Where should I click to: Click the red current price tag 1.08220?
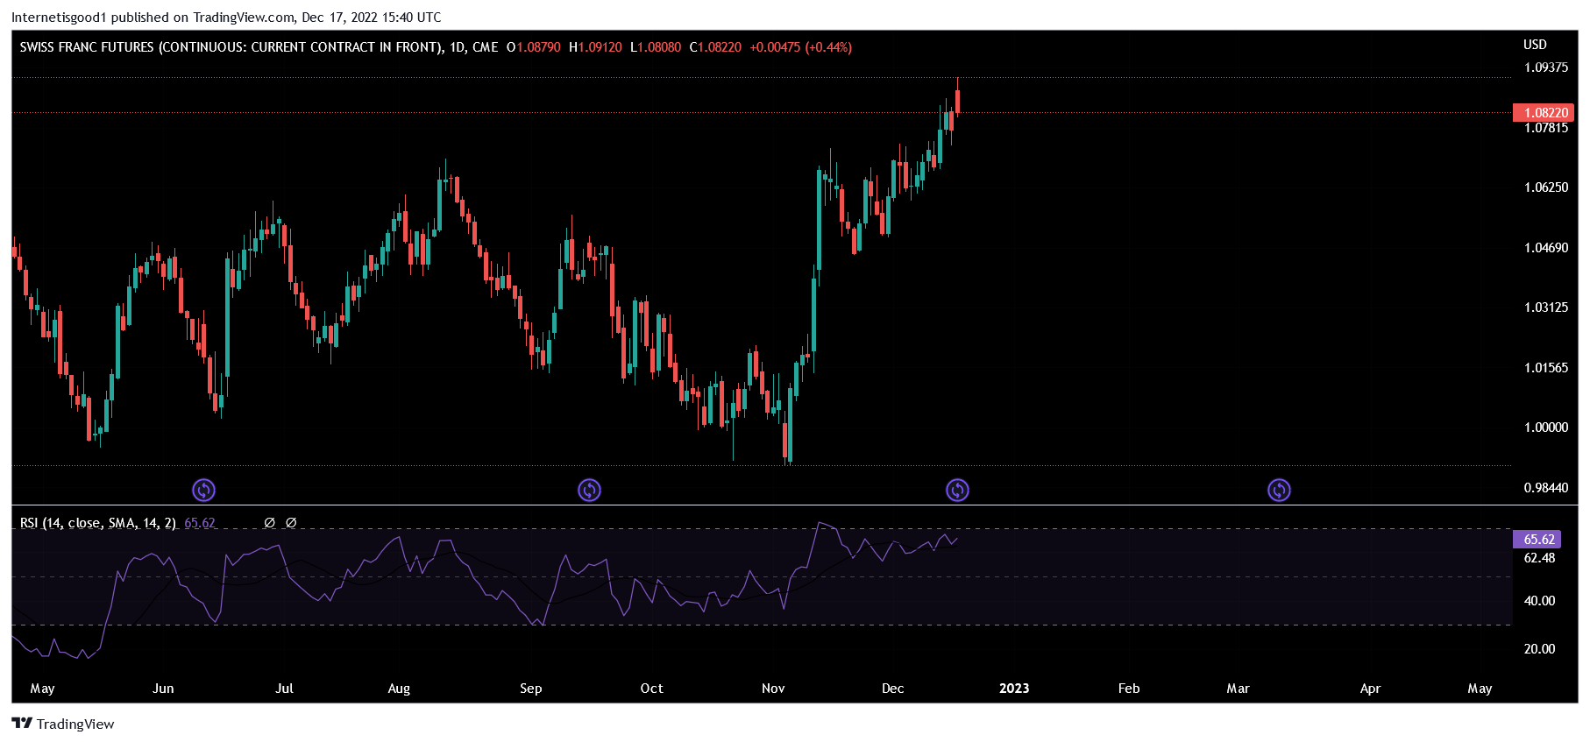click(x=1545, y=112)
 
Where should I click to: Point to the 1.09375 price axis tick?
click(x=1545, y=67)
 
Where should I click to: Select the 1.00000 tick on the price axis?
click(x=1545, y=428)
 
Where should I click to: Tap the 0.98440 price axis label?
click(x=1545, y=488)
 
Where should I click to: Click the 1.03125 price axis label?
click(x=1545, y=307)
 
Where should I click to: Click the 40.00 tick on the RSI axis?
click(x=1539, y=601)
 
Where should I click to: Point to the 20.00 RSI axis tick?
click(x=1539, y=649)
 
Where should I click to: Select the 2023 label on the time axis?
click(x=1014, y=689)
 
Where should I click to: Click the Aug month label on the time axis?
click(x=399, y=689)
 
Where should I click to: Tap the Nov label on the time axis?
click(x=773, y=689)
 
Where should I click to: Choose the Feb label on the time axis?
click(x=1129, y=689)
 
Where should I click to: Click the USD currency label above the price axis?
click(x=1535, y=45)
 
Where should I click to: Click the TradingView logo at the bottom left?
click(x=63, y=724)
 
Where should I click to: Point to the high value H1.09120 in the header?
click(x=595, y=47)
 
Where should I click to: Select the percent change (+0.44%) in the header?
click(x=828, y=47)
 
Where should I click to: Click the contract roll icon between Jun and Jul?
click(x=203, y=490)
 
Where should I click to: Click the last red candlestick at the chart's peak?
click(x=958, y=101)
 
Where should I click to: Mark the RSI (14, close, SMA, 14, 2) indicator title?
click(x=98, y=523)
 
